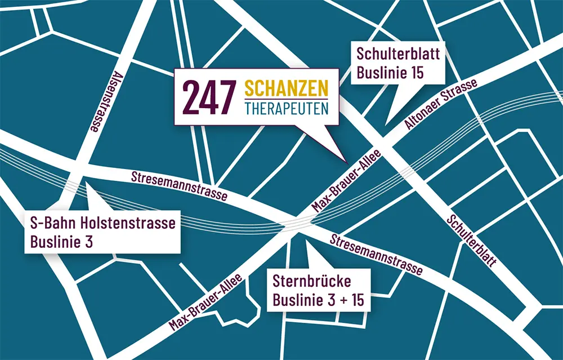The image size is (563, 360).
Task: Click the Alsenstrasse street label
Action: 105,101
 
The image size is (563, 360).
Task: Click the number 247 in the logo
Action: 208,97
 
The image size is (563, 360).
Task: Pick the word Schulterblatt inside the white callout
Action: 398,54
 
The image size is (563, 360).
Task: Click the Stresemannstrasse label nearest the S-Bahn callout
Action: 179,186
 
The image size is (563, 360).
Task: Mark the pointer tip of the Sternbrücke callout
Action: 306,241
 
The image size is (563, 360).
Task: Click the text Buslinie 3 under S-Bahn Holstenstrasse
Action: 61,242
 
